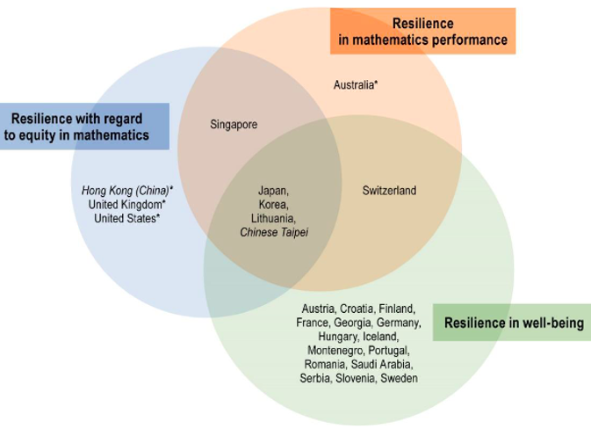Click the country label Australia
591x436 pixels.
point(355,85)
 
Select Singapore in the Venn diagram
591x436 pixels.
point(234,125)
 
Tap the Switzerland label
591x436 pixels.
point(389,191)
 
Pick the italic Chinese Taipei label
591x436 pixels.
point(274,232)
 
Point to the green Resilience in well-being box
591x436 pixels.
point(513,323)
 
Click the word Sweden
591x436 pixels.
point(400,378)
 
